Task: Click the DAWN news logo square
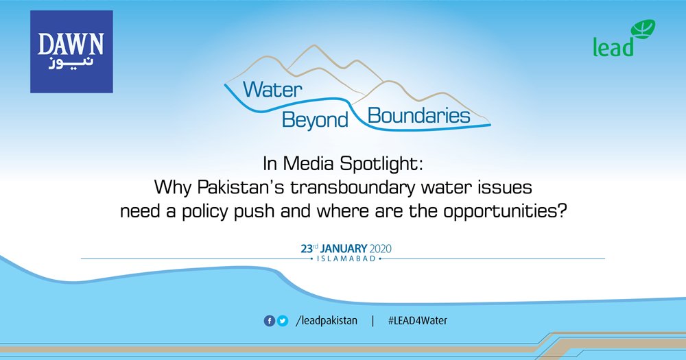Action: (71, 51)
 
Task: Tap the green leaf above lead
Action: (643, 30)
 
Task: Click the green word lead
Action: (613, 47)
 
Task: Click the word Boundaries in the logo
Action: (419, 115)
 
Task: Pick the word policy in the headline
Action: (222, 210)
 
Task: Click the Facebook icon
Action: (270, 321)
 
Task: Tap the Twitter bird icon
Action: (282, 321)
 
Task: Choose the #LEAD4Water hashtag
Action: (417, 321)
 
